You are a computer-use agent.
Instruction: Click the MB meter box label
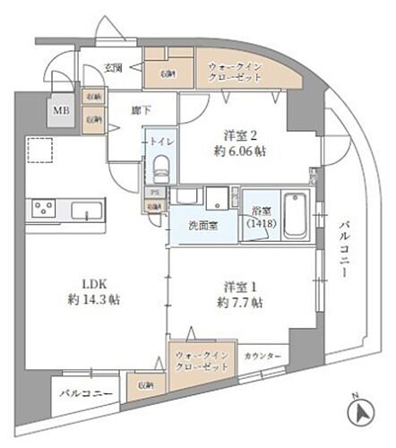click(x=61, y=111)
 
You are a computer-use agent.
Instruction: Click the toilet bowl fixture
click(x=161, y=166)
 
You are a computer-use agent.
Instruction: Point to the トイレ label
click(x=161, y=142)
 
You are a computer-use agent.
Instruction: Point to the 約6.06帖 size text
click(x=240, y=152)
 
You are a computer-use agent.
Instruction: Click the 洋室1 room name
click(x=241, y=288)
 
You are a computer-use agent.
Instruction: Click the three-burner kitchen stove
click(x=41, y=211)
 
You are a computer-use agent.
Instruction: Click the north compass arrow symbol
click(x=357, y=413)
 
